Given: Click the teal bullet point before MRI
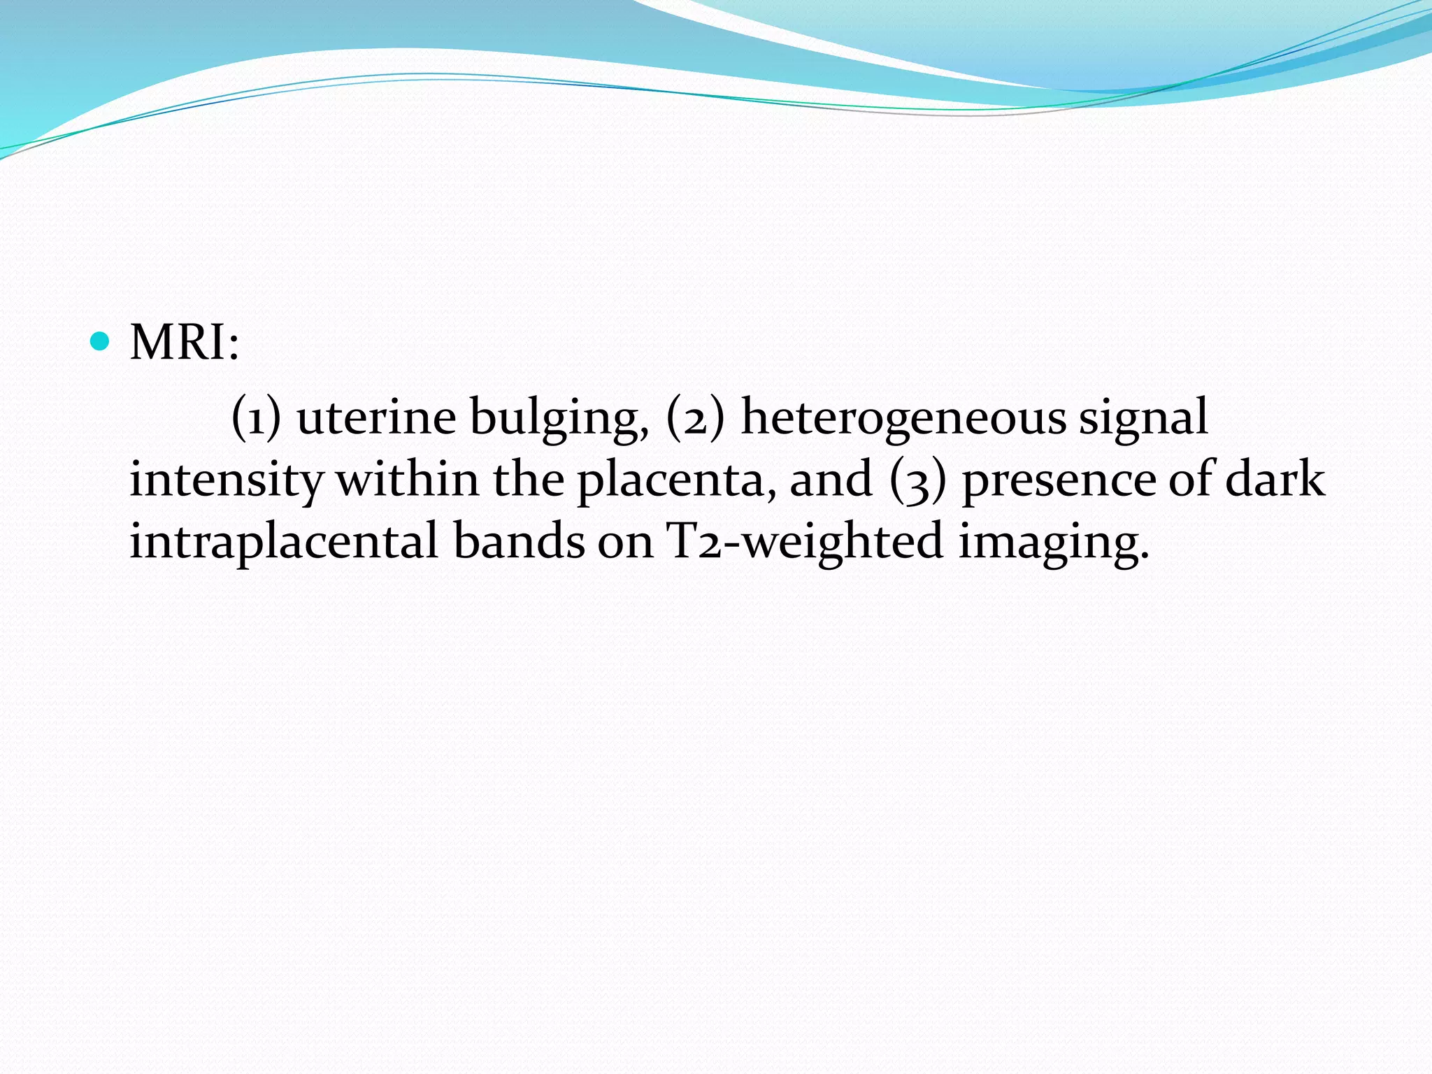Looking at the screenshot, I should [x=101, y=341].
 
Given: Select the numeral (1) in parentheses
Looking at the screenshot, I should [x=256, y=417].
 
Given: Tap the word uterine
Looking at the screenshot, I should [x=376, y=417].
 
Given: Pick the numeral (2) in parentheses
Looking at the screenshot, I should [x=695, y=417].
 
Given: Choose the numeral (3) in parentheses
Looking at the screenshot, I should [x=918, y=480].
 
